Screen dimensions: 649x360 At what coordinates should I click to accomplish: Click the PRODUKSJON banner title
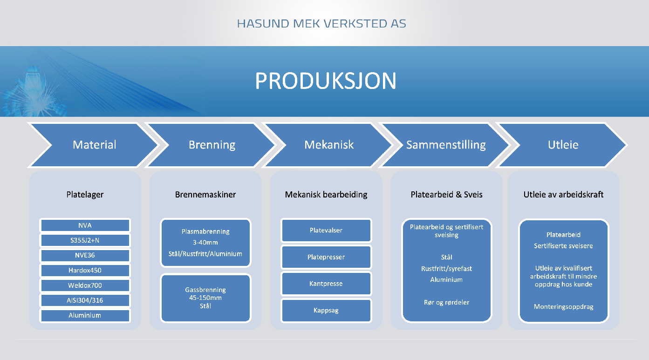tap(326, 81)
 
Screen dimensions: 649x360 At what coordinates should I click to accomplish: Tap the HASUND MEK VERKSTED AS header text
tap(321, 23)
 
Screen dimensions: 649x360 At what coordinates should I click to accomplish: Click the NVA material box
tap(85, 225)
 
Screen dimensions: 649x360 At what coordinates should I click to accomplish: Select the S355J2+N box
tap(85, 240)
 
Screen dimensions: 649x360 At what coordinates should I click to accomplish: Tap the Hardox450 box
tap(85, 271)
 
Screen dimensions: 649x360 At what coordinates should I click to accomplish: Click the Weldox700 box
tap(85, 285)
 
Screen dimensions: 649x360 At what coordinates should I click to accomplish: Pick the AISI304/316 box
tap(85, 301)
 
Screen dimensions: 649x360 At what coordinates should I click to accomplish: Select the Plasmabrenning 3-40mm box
tap(205, 243)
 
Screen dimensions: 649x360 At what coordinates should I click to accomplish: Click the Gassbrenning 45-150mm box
tap(205, 298)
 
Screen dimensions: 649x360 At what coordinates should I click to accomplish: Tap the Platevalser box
tap(326, 230)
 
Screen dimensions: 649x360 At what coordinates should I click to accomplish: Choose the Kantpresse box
tap(326, 284)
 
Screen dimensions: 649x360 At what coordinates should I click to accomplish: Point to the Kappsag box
tap(326, 311)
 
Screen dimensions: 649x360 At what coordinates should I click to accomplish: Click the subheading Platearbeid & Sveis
tap(446, 195)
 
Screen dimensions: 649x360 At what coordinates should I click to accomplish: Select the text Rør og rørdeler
tap(446, 302)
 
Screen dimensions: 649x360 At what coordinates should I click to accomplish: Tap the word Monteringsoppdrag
tap(564, 307)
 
